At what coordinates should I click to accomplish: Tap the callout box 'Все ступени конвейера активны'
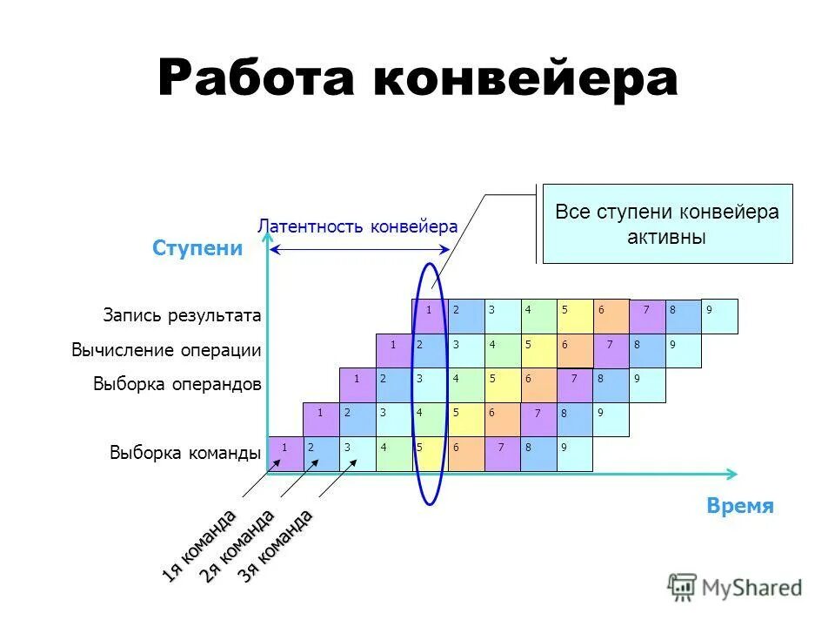pos(667,224)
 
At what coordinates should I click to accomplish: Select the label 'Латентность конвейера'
pos(357,226)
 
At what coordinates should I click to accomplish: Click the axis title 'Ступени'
pos(197,248)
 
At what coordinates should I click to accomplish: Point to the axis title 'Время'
pos(740,507)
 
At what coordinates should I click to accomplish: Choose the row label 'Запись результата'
pos(182,315)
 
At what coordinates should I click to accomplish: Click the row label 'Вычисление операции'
pos(166,350)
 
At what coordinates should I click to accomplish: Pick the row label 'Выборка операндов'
pos(177,384)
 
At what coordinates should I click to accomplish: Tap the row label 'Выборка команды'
pos(185,453)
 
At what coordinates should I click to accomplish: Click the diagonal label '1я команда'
pos(198,545)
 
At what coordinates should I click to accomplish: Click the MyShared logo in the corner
pos(735,588)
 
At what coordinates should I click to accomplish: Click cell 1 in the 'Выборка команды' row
pos(285,454)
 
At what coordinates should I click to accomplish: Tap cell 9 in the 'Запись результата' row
pos(720,316)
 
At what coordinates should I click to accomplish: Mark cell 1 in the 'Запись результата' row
pos(430,316)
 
